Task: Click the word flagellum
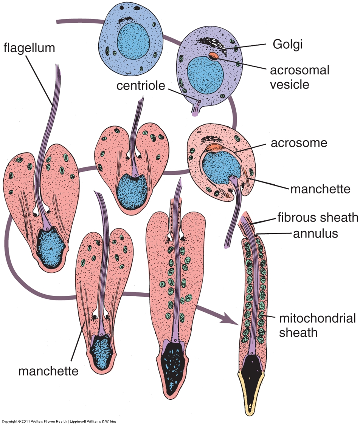(29, 48)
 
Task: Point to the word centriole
(141, 86)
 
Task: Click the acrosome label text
(299, 143)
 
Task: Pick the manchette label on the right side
(320, 189)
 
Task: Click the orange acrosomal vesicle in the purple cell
(214, 56)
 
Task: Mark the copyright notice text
(59, 421)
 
